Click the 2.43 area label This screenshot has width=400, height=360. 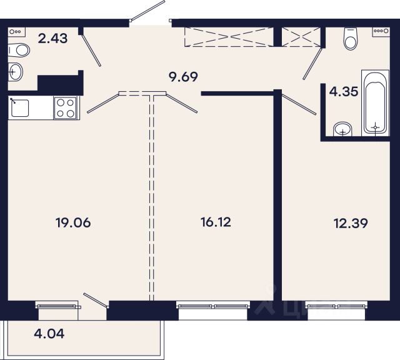pos(52,39)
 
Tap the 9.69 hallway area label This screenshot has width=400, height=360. pos(183,77)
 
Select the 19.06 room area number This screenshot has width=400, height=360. pos(73,222)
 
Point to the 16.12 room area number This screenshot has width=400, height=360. pos(216,222)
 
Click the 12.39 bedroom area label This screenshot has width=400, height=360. pos(351,224)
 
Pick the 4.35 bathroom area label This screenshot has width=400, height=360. pos(344,91)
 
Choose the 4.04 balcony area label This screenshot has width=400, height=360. pos(49,334)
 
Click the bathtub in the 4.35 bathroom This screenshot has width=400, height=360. pos(375,103)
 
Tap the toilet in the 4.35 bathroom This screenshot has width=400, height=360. pos(350,39)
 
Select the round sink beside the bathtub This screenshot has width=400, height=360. pos(343,129)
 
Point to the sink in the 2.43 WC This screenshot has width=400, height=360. pos(15,72)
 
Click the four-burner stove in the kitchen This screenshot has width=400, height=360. pos(65,107)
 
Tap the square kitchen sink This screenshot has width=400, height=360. pos(19,108)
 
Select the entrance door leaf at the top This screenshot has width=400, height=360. pos(147,10)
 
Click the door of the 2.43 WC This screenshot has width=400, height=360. pos(91,50)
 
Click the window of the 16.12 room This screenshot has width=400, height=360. pos(213,305)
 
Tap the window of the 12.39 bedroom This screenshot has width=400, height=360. pos(336,305)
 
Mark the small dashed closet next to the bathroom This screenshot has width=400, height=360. pos(301,37)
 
